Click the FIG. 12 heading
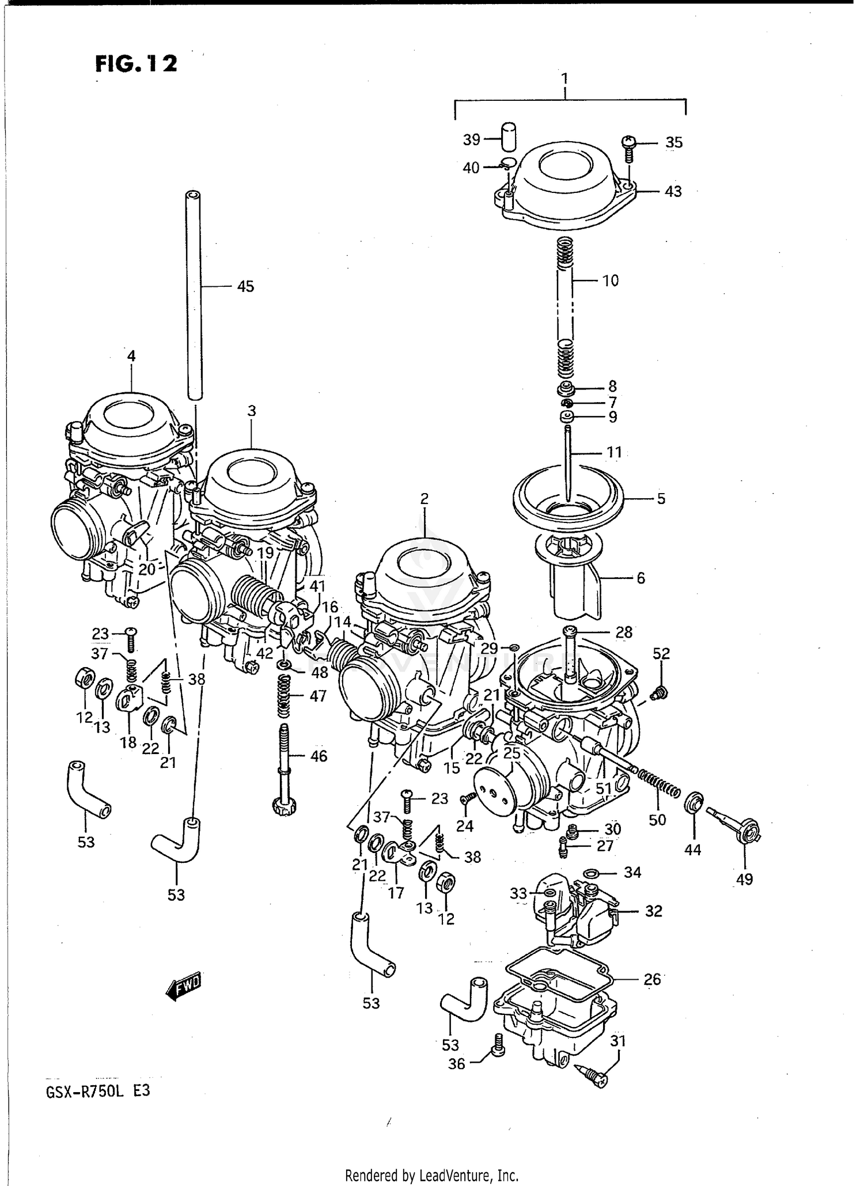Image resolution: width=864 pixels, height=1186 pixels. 137,64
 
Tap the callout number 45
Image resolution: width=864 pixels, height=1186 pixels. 245,286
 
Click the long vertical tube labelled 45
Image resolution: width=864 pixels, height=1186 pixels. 194,294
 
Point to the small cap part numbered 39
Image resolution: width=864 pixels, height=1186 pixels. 507,136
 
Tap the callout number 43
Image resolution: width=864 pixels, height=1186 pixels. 673,191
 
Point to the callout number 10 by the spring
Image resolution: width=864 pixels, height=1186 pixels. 610,281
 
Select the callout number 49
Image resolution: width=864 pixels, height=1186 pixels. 744,879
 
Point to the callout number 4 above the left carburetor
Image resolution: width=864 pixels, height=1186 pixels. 131,356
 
